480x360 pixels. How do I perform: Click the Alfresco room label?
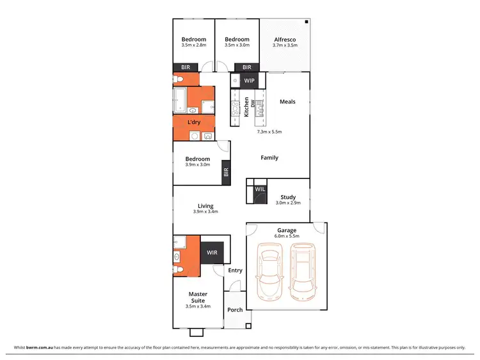tap(284, 38)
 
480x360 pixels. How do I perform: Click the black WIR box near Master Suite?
tap(212, 253)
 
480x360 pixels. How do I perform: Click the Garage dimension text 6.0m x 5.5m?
tap(285, 236)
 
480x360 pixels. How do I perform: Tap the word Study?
tap(286, 197)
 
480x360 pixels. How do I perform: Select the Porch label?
tap(235, 310)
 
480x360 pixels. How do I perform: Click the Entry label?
tap(235, 270)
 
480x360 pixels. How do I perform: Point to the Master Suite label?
tap(197, 298)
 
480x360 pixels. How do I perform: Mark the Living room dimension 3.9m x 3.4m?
tap(205, 212)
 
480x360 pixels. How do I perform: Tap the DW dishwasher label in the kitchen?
tap(253, 102)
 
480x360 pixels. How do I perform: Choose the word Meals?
tap(287, 101)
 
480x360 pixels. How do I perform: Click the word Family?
tap(269, 157)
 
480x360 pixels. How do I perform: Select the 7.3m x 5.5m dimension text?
tap(269, 132)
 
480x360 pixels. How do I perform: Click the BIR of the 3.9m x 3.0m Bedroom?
tap(225, 171)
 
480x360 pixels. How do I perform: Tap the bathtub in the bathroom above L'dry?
tap(179, 100)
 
